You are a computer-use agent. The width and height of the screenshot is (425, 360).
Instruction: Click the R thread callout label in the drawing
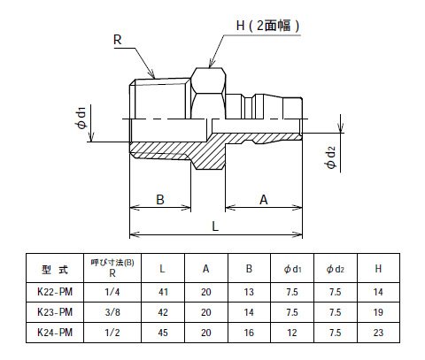[x=118, y=40]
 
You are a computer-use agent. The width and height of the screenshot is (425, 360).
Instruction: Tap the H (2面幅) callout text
[x=268, y=26]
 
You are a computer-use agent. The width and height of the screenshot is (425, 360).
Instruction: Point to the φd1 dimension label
[x=81, y=118]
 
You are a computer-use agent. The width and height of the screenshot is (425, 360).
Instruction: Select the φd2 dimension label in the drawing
[x=331, y=157]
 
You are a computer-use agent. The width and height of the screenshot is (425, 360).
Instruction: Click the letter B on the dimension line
[x=160, y=200]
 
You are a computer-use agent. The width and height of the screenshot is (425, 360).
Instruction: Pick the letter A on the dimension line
[x=264, y=200]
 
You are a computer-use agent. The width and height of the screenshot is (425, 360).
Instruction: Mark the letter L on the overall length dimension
[x=215, y=226]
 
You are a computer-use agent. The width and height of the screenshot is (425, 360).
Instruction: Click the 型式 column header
[x=55, y=269]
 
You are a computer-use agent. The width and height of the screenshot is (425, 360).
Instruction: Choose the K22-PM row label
[x=55, y=292]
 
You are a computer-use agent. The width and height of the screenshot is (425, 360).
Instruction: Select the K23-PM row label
[x=55, y=312]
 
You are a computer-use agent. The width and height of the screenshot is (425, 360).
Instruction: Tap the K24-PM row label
[x=55, y=333]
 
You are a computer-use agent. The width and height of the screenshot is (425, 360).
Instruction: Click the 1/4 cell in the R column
[x=112, y=292]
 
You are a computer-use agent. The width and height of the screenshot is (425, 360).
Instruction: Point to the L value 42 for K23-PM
[x=163, y=312]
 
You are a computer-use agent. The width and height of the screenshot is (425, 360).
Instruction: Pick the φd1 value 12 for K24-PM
[x=292, y=333]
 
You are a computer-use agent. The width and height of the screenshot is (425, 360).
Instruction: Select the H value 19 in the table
[x=378, y=312]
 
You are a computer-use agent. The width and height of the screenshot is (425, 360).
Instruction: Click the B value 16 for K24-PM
[x=249, y=333]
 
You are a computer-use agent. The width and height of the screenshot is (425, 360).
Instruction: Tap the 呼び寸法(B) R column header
[x=112, y=267]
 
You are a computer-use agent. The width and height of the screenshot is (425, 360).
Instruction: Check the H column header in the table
[x=378, y=269]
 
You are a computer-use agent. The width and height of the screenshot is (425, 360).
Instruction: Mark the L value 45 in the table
[x=163, y=333]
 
